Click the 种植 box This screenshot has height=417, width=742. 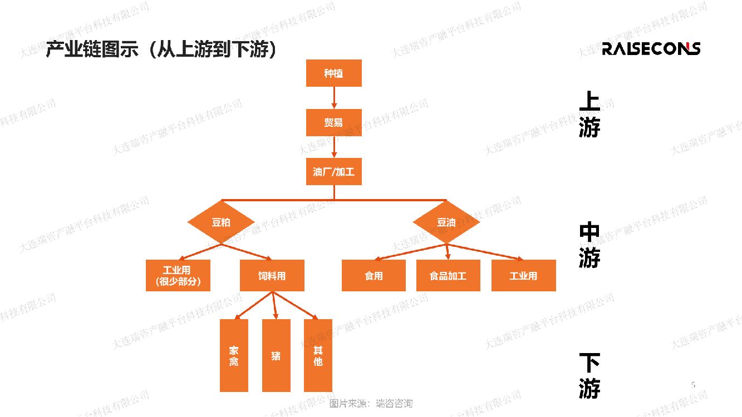(333, 73)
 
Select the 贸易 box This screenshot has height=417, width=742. (333, 122)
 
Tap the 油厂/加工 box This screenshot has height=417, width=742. (333, 172)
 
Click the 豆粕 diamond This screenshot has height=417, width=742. (221, 222)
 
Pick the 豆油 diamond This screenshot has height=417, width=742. (446, 222)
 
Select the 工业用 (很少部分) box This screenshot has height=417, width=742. (178, 275)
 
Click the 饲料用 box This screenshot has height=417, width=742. (272, 275)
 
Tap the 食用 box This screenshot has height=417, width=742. (374, 275)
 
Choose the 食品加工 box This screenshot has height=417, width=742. (448, 275)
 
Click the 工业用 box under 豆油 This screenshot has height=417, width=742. (523, 275)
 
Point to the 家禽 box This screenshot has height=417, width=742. (234, 355)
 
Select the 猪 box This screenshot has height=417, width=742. (276, 355)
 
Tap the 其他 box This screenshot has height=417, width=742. (318, 355)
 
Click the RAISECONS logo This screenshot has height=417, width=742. (651, 48)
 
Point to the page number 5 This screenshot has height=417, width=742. (693, 384)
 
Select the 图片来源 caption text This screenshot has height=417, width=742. (371, 404)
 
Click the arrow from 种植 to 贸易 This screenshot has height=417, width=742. (334, 98)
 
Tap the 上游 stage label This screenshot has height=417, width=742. (589, 115)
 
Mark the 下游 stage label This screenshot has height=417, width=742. (589, 376)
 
